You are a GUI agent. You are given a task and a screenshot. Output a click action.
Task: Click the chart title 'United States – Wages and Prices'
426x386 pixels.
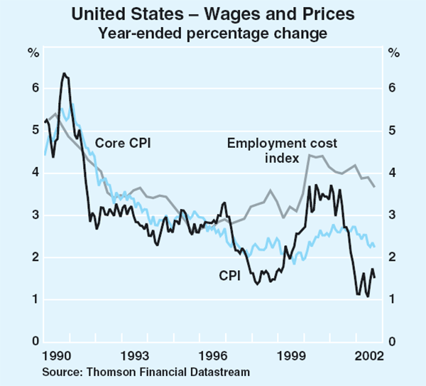[212, 14]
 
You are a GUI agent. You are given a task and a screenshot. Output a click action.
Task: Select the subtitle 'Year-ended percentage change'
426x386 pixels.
[212, 32]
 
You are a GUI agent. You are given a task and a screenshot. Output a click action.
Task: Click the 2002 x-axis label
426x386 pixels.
[364, 354]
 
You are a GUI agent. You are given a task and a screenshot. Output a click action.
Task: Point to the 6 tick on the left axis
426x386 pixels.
[32, 89]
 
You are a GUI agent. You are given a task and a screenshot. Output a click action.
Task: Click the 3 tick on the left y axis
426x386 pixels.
[32, 215]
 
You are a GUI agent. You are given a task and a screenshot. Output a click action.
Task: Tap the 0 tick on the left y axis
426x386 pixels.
[32, 342]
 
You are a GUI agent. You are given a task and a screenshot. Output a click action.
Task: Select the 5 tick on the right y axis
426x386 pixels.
[392, 131]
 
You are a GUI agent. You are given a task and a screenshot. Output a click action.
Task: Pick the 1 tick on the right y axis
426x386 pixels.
[392, 300]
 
